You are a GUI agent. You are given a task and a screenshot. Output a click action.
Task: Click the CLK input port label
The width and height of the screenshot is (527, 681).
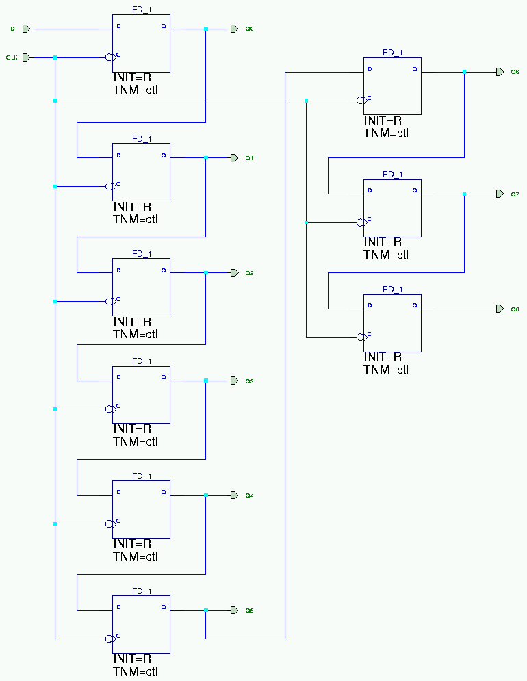pyautogui.click(x=12, y=57)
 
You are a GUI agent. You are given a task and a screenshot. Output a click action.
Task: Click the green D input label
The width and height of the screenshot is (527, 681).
pyautogui.click(x=12, y=29)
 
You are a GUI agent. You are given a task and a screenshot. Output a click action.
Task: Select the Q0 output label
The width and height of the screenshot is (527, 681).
pyautogui.click(x=250, y=29)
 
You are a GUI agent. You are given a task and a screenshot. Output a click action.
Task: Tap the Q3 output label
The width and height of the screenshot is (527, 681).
pyautogui.click(x=250, y=381)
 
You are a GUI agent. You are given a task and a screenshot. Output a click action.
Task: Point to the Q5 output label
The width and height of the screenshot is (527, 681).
pyautogui.click(x=250, y=610)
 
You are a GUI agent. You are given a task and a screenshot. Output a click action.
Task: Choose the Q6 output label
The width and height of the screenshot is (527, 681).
pyautogui.click(x=515, y=71)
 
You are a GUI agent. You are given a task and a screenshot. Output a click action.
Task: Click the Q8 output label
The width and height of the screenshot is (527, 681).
pyautogui.click(x=515, y=309)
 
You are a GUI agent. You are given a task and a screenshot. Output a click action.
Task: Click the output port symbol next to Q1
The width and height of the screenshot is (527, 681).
pyautogui.click(x=233, y=157)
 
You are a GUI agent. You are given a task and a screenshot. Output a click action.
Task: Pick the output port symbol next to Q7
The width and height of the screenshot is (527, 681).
pyautogui.click(x=500, y=194)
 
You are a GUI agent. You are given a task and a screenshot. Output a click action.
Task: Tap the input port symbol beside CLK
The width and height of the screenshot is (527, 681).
pyautogui.click(x=27, y=57)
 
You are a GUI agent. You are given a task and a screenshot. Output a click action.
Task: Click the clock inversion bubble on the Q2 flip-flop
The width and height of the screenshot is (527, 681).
pyautogui.click(x=110, y=301)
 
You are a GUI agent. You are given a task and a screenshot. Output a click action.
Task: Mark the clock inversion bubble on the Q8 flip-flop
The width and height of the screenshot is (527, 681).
pyautogui.click(x=361, y=337)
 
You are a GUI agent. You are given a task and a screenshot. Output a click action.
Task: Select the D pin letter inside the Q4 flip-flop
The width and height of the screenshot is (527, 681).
pyautogui.click(x=119, y=491)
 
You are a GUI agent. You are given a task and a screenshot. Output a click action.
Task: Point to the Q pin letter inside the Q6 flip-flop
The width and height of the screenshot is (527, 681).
pyautogui.click(x=414, y=69)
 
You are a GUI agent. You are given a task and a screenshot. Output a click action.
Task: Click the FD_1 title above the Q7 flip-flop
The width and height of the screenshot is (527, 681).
pyautogui.click(x=393, y=175)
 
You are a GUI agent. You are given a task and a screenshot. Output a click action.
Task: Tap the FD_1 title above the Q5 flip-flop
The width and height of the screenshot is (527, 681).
pyautogui.click(x=142, y=591)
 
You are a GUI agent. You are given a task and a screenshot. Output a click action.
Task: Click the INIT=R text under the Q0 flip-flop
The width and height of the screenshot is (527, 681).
pyautogui.click(x=132, y=78)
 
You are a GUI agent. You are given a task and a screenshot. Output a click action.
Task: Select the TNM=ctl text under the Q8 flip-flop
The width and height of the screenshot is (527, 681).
pyautogui.click(x=386, y=370)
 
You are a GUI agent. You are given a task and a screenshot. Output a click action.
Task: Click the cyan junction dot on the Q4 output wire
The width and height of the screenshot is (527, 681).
pyautogui.click(x=206, y=495)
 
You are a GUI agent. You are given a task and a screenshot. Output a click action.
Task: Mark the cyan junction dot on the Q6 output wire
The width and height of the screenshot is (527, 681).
pyautogui.click(x=465, y=71)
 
